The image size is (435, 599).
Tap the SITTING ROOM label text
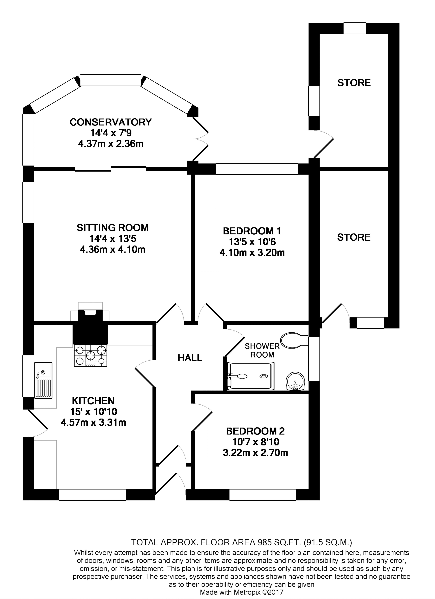pos(112,228)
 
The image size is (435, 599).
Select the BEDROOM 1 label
pos(252,231)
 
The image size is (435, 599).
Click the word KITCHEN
pos(93,401)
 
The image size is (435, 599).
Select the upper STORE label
pos(354,83)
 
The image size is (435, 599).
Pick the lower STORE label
pos(354,237)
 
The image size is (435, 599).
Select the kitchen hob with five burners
pos(90,356)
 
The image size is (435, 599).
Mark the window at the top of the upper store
pos(354,28)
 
